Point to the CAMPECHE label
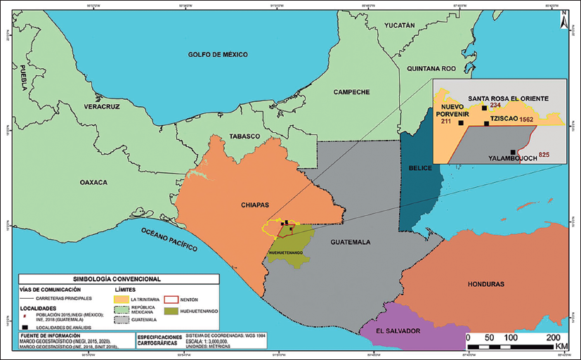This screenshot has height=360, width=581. pos(351,91)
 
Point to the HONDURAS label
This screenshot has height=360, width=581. pos(486,284)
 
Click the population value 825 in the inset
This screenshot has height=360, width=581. pos(544,154)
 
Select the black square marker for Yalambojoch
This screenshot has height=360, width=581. pos(514,152)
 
